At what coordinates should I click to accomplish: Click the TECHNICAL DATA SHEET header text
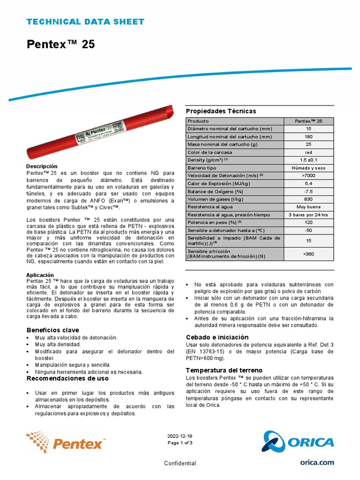click(x=85, y=22)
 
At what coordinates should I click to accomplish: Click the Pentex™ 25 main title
click(x=60, y=45)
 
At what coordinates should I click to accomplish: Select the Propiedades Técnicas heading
click(x=221, y=111)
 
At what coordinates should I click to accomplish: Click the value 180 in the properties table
click(x=308, y=136)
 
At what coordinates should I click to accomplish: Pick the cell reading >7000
click(x=308, y=175)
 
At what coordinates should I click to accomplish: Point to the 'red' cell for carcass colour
click(x=308, y=152)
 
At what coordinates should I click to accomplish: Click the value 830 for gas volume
click(x=308, y=199)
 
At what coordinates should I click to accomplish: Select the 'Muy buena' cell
click(x=308, y=206)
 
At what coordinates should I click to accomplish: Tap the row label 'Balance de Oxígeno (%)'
click(x=215, y=191)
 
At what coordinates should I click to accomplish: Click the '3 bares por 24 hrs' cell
click(x=308, y=214)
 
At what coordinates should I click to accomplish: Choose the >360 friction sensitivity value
click(x=308, y=254)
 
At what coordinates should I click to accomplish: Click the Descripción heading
click(x=42, y=166)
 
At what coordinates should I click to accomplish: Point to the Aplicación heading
click(x=40, y=275)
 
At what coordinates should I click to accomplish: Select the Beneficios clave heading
click(x=52, y=330)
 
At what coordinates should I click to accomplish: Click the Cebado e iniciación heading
click(x=217, y=337)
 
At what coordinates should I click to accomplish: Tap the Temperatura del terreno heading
click(x=224, y=370)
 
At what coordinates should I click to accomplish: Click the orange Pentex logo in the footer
click(x=66, y=442)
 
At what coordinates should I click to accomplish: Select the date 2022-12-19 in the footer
click(x=180, y=435)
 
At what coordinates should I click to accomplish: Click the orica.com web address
click(x=317, y=462)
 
